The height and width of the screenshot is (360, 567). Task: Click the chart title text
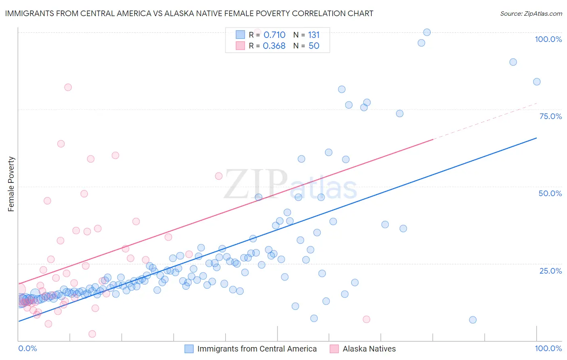[189, 13]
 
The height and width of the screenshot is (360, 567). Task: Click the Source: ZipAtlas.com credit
[531, 13]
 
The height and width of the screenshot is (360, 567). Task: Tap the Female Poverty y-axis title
[11, 184]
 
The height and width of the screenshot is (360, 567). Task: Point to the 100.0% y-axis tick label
[548, 39]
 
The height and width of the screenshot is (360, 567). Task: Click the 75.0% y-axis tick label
[550, 116]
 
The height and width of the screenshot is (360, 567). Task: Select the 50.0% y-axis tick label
[550, 193]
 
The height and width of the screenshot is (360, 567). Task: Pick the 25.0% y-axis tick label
[550, 270]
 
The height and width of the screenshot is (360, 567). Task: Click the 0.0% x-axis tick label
[27, 348]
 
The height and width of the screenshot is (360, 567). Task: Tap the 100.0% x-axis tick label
[548, 348]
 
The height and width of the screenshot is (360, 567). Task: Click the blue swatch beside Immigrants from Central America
[189, 349]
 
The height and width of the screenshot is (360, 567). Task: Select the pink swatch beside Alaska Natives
[334, 349]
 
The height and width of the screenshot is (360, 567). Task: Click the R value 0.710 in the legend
[274, 35]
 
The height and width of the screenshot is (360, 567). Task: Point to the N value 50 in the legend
[314, 46]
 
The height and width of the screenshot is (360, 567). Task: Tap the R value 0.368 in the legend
[274, 46]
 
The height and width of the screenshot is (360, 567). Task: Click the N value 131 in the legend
[314, 35]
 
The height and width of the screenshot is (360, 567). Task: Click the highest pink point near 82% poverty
[68, 87]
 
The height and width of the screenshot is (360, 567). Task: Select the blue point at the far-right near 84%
[537, 82]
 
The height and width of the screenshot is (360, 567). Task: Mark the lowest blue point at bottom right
[473, 320]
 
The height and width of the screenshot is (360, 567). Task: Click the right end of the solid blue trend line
[536, 138]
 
